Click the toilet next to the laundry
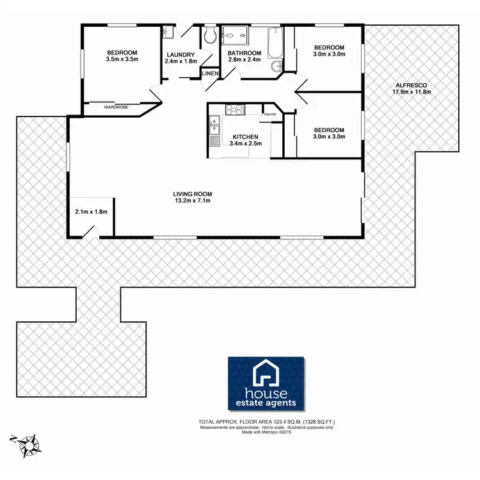tap(209, 37)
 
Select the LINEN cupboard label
tap(210, 74)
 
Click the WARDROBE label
tap(115, 108)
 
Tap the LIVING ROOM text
tap(192, 194)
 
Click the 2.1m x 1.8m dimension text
tap(91, 211)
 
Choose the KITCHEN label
tap(245, 137)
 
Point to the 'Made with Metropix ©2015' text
tap(269, 432)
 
